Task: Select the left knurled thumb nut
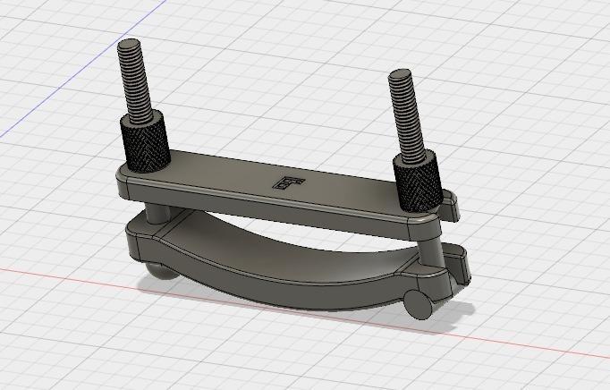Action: tap(144, 143)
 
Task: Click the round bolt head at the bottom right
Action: tap(417, 302)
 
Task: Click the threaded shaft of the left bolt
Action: tap(137, 85)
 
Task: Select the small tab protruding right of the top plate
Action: tap(453, 207)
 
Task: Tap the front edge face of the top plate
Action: tap(268, 208)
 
